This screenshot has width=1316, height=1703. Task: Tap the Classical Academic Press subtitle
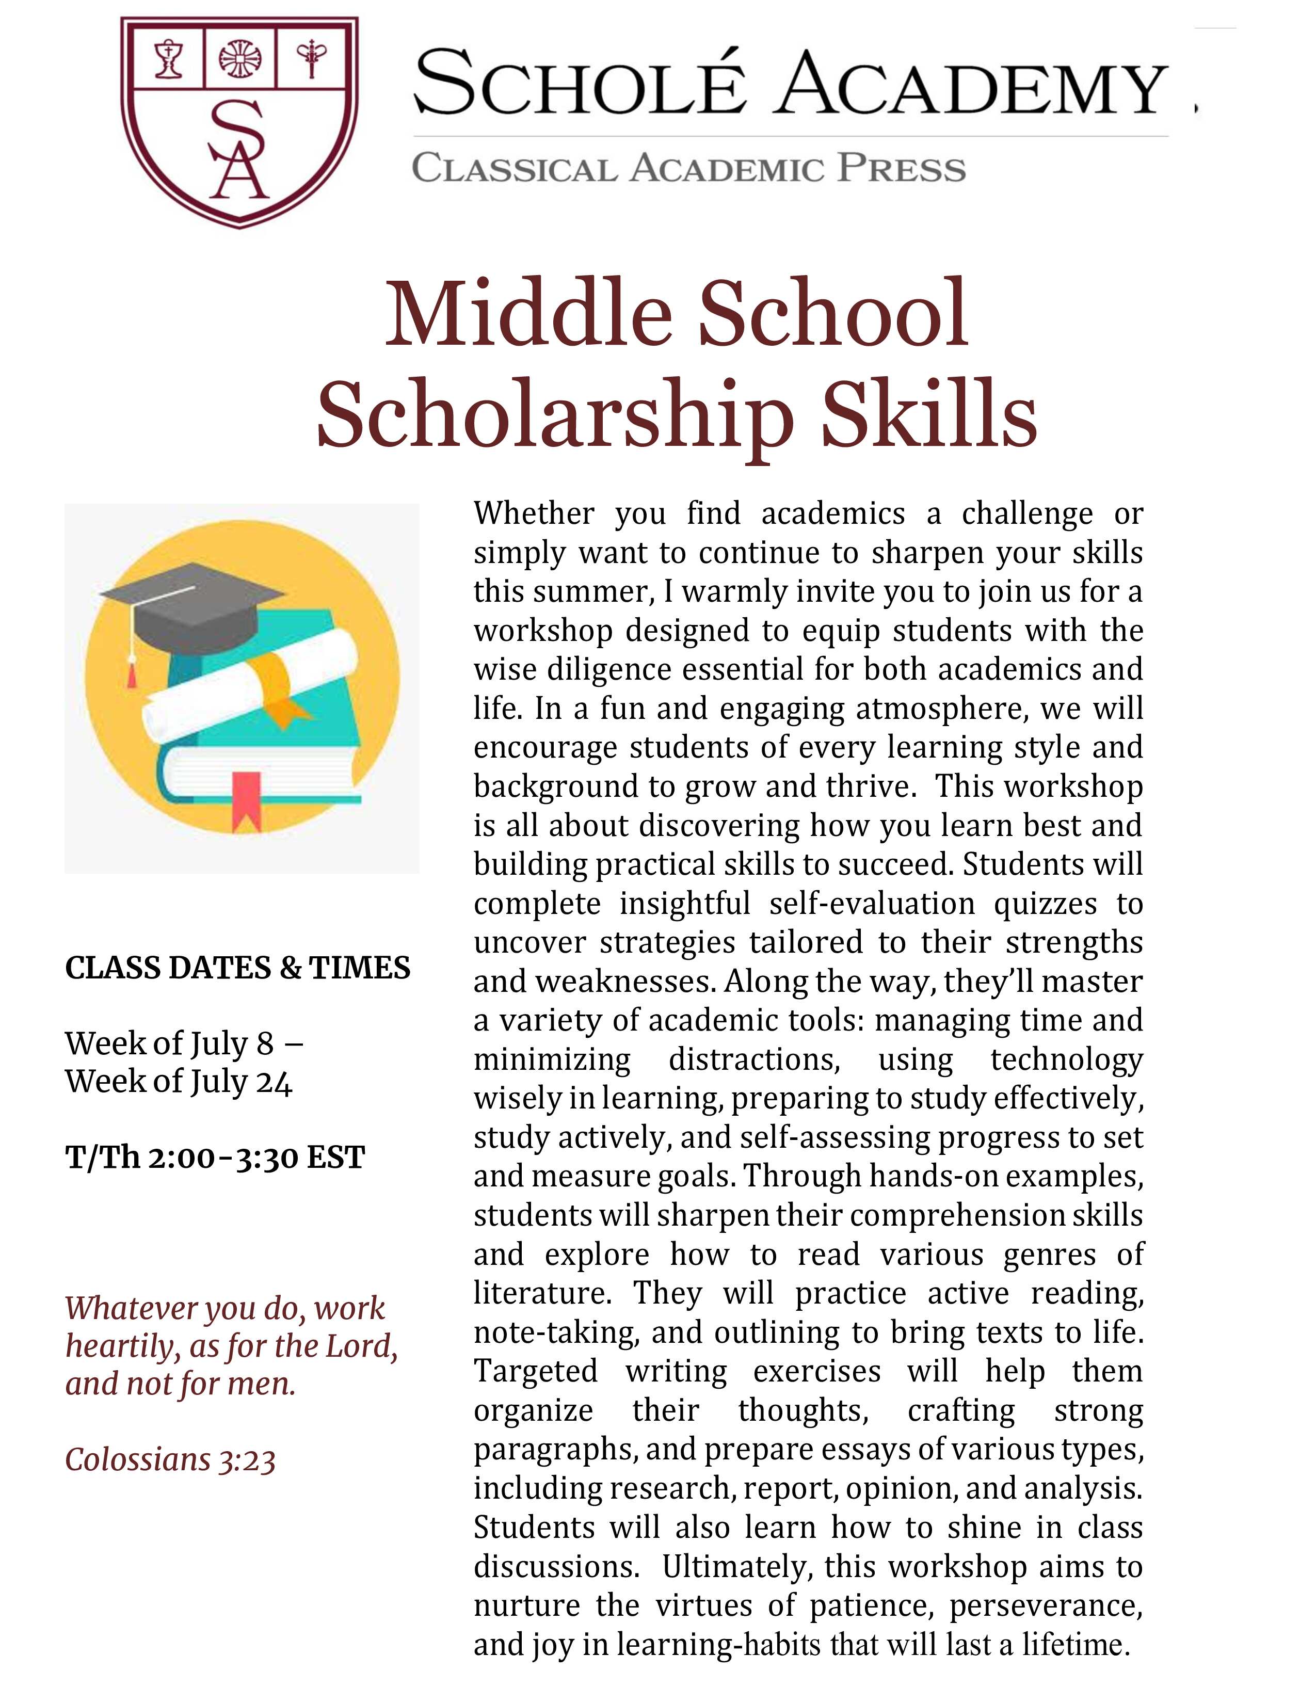pos(688,168)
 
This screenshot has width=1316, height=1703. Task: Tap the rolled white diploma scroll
pos(249,686)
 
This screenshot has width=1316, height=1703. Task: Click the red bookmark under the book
pos(246,799)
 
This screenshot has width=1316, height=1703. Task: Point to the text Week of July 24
pos(179,1082)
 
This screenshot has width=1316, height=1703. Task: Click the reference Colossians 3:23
pos(170,1460)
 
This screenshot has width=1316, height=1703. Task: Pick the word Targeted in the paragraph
pos(536,1371)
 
